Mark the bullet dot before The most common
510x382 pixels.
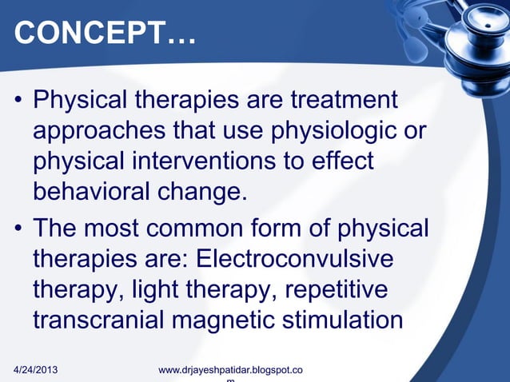point(18,229)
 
